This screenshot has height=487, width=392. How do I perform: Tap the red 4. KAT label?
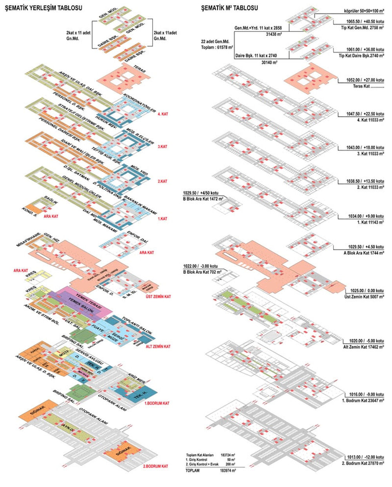[x=162, y=114]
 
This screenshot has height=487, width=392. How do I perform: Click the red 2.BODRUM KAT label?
[x=155, y=466]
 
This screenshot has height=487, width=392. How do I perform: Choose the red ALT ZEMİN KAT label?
[x=158, y=347]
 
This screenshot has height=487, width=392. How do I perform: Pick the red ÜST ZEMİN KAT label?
[x=158, y=297]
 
